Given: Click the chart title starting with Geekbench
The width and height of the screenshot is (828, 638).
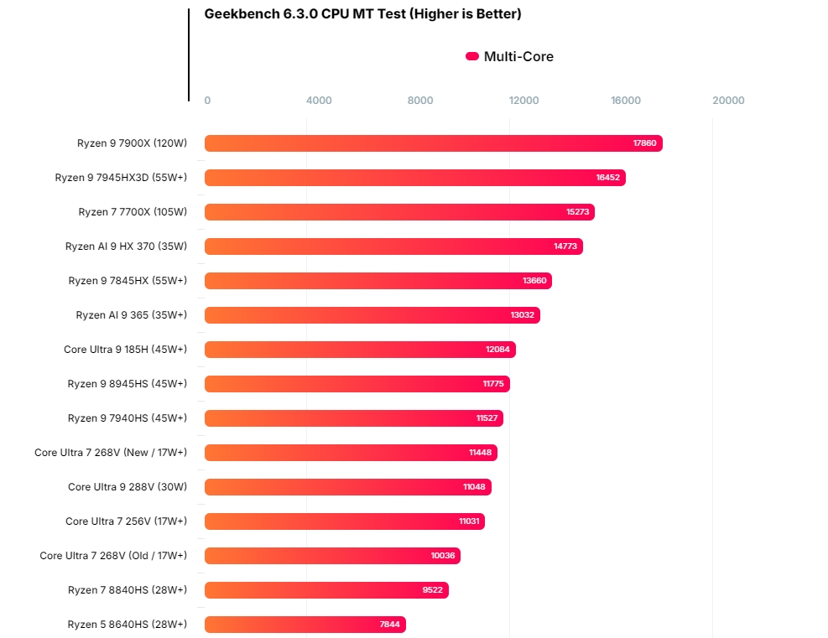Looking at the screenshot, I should (362, 14).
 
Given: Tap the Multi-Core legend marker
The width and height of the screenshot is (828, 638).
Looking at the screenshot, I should (472, 57).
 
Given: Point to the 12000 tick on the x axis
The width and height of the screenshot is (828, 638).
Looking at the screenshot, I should (523, 101).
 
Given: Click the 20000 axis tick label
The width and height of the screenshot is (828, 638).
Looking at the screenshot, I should (728, 101).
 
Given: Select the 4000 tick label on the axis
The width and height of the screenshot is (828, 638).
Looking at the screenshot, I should (319, 101).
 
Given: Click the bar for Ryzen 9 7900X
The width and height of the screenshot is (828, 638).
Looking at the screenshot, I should (433, 143).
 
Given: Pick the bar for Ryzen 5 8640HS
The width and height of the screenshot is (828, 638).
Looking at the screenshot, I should (305, 625).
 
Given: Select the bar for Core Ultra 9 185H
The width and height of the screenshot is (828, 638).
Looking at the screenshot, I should (360, 350).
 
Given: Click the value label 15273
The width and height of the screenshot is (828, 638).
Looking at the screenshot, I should (577, 212).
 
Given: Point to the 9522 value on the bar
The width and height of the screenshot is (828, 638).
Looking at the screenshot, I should (432, 590).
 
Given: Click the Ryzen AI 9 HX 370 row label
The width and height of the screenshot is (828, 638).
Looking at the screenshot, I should (126, 246).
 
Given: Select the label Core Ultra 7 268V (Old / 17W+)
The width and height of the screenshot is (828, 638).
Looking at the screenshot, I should (113, 556).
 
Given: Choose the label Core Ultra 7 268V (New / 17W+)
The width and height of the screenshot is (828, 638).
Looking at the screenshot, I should (111, 453).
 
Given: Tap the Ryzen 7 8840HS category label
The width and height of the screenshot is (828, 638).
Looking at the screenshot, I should (128, 590).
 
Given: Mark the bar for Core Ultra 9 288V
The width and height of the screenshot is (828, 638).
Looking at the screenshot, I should (348, 487).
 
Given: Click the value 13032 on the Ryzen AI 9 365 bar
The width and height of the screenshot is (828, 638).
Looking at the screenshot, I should (523, 315).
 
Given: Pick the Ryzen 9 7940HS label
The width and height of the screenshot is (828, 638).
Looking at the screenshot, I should (128, 418).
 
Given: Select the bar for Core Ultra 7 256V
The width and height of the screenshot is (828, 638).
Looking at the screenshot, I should (345, 521).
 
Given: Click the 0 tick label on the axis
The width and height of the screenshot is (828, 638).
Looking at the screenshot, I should (207, 101).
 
